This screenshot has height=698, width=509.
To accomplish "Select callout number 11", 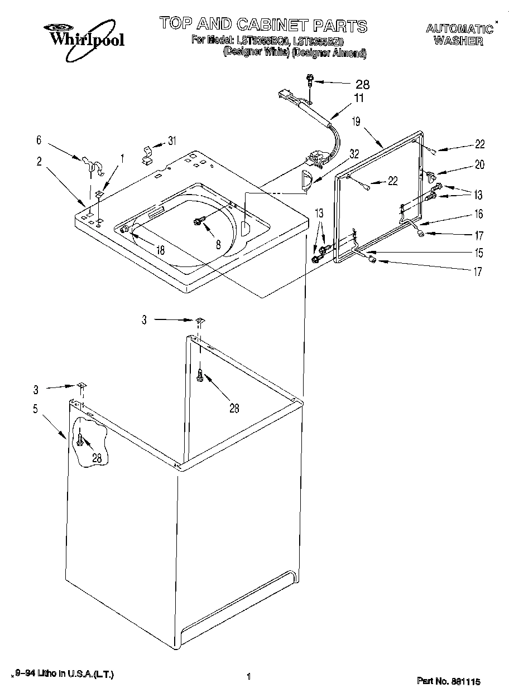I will point(358,99).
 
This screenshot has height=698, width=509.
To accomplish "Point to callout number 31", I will point(172,141).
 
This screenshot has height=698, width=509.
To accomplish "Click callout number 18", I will point(160,250).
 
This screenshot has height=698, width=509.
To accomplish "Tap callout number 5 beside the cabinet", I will point(35,409).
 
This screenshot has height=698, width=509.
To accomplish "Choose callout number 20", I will point(479,164).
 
